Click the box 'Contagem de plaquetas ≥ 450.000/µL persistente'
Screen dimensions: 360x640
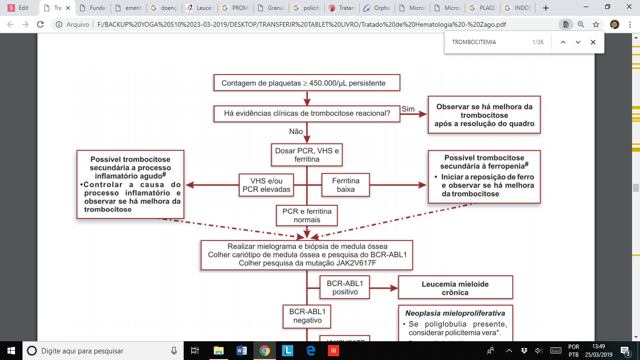pyautogui.click(x=307, y=83)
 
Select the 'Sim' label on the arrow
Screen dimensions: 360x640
pyautogui.click(x=408, y=109)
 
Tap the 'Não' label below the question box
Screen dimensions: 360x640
pyautogui.click(x=296, y=132)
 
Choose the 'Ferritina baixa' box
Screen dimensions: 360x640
pyautogui.click(x=346, y=185)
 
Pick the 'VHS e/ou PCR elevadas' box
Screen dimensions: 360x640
pyautogui.click(x=266, y=185)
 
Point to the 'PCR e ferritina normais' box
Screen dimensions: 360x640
pyautogui.click(x=306, y=216)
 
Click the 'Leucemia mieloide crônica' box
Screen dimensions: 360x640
pyautogui.click(x=455, y=288)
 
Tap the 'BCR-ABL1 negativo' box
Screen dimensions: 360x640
pyautogui.click(x=306, y=316)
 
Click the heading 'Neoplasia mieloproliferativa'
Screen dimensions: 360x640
pyautogui.click(x=455, y=313)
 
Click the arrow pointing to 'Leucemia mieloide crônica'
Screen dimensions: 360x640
pyautogui.click(x=384, y=288)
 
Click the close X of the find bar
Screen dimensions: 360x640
pyautogui.click(x=593, y=42)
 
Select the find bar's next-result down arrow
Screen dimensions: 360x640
pyautogui.click(x=578, y=42)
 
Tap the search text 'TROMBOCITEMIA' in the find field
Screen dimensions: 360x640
pyautogui.click(x=474, y=42)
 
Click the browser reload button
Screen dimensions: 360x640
pyautogui.click(x=40, y=24)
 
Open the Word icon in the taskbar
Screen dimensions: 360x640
pyautogui.click(x=242, y=350)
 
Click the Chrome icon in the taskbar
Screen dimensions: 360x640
pyautogui.click(x=265, y=350)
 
